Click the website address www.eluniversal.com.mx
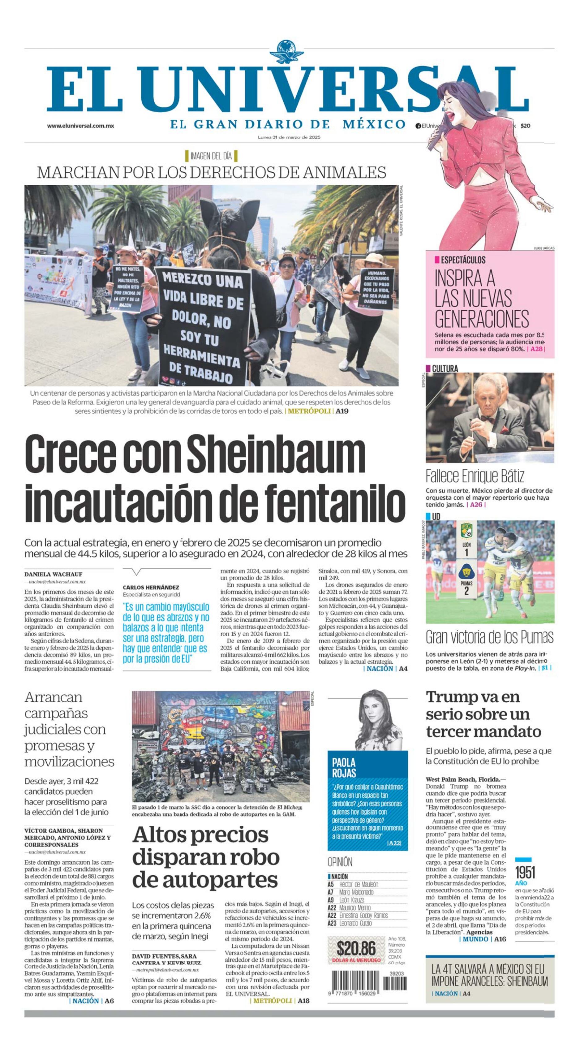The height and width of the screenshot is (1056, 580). (x=80, y=126)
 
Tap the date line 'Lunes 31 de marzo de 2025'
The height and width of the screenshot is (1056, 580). (x=289, y=137)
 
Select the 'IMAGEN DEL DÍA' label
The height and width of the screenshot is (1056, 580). (x=211, y=156)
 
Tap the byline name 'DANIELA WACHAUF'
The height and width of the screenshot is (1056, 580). (x=53, y=574)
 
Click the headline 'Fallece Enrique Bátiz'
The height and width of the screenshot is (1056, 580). (x=475, y=476)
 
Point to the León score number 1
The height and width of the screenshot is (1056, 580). (x=466, y=553)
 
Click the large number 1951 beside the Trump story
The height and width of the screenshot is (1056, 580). (x=525, y=872)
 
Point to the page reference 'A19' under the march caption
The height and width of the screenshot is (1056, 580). (x=342, y=411)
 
